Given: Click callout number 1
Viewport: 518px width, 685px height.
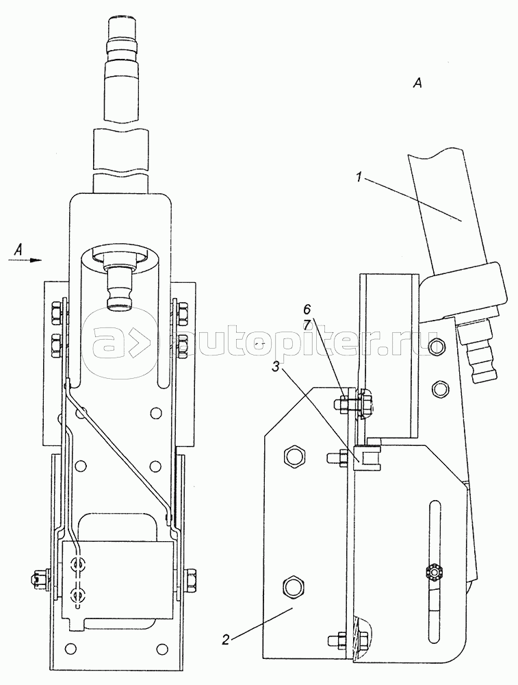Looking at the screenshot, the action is (x=359, y=179).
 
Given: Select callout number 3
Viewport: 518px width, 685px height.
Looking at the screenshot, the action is (x=275, y=367).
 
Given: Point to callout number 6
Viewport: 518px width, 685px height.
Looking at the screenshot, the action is (x=307, y=310).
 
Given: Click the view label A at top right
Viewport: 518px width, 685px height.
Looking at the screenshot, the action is (x=417, y=83).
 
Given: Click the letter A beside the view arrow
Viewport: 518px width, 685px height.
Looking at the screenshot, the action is (x=18, y=249).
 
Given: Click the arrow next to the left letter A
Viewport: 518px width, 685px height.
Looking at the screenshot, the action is (x=25, y=260).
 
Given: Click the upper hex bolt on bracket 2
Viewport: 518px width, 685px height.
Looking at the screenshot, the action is (x=292, y=457).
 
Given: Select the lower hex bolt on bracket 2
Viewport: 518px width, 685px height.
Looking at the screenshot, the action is (x=292, y=585).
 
